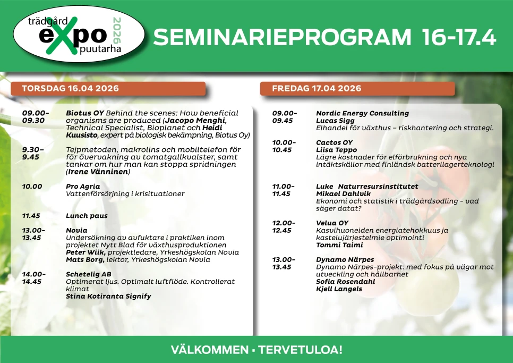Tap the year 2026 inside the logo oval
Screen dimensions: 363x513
tap(117, 30)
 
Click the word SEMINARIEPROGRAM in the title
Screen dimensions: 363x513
tap(282, 37)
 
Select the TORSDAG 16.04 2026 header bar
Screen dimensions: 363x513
tap(108, 88)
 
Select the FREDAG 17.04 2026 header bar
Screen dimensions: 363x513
tap(357, 88)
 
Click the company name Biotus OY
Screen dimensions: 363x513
tap(84, 113)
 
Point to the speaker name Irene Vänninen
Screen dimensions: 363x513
tap(98, 172)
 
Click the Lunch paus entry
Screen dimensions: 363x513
tap(87, 216)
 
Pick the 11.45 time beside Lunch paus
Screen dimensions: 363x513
tap(31, 216)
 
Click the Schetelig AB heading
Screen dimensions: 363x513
tap(88, 274)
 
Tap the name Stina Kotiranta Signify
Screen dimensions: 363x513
tap(108, 297)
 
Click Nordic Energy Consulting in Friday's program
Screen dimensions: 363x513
tap(362, 113)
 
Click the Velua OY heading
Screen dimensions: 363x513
tap(332, 223)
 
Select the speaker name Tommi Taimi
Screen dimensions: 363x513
tap(339, 245)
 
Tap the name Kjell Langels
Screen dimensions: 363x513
tap(339, 289)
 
